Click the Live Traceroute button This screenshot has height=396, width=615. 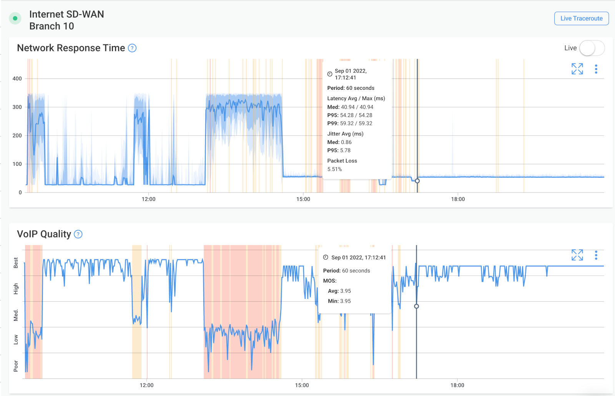(581, 18)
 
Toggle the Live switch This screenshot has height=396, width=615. (592, 48)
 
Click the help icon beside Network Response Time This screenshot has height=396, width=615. (132, 48)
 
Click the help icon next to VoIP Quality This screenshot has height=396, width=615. (78, 234)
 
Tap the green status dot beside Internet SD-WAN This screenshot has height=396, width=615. (15, 18)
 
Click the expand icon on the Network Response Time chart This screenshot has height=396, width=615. (577, 69)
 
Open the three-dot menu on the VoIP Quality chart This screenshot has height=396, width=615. (596, 255)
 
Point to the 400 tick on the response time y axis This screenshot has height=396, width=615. (17, 79)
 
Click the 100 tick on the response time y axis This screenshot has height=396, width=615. (17, 164)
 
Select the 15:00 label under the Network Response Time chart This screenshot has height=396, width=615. (303, 199)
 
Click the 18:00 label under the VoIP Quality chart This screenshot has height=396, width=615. (457, 385)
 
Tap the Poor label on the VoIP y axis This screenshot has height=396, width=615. (16, 366)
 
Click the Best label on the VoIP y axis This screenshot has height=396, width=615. (16, 263)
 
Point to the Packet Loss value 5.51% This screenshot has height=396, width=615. (334, 169)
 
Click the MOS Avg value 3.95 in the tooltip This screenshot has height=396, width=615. (345, 291)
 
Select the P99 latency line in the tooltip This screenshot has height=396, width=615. (350, 124)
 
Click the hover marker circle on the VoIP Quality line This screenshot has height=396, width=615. (416, 306)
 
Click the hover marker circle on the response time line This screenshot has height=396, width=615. (417, 181)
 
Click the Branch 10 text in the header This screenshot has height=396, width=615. (52, 26)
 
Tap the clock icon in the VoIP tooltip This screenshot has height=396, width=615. (326, 257)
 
